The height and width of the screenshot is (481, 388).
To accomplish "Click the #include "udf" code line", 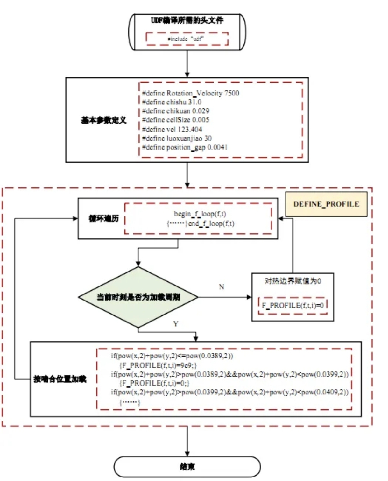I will point(187,39).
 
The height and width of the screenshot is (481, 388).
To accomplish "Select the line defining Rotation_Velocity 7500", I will point(190,93).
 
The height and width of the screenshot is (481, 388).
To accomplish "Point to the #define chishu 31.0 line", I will point(172,102).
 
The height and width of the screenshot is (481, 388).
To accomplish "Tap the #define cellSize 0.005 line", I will point(175,120).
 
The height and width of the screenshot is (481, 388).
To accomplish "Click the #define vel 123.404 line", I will point(172,129).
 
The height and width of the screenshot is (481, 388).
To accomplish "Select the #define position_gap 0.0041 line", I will point(185,147).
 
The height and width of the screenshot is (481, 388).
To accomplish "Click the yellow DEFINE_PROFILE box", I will point(326,204).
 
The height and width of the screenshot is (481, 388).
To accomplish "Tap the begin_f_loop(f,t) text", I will point(200,214).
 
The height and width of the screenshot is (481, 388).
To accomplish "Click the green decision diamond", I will point(138,297).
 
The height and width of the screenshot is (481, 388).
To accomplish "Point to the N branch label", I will point(222,287).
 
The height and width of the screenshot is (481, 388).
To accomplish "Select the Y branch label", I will point(176,324).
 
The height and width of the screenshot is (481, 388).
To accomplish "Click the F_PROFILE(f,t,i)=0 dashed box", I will point(293,306).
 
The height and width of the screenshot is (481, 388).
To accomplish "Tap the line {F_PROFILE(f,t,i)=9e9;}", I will point(158,365).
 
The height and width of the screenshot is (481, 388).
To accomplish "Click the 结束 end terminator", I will point(187,467).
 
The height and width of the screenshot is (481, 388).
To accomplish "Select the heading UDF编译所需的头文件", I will point(187,21).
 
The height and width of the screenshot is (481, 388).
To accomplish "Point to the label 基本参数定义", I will point(103,120).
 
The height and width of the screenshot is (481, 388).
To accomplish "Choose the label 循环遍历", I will point(103,218).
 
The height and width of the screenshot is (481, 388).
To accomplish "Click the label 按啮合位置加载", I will point(60,379).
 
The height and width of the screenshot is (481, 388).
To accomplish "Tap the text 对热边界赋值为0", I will point(293,281).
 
